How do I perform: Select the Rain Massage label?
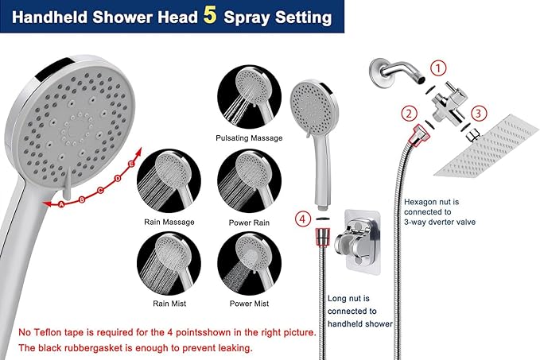point(169,222)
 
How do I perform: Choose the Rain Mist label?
point(169,303)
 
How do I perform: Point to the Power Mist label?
point(249,303)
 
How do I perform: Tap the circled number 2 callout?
point(409,114)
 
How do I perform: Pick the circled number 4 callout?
point(302,217)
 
